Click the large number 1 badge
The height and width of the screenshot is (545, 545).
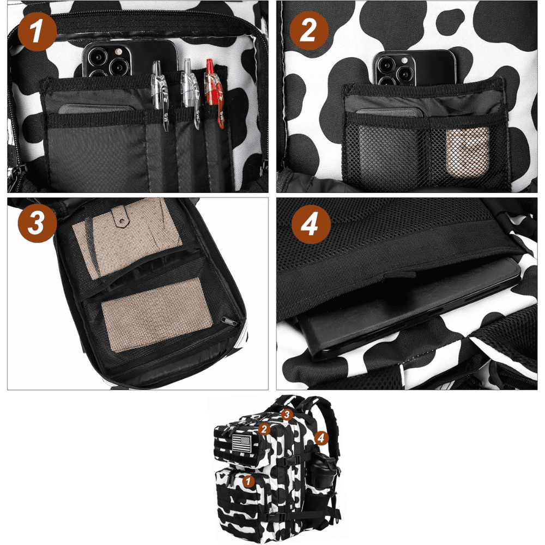(x=38, y=32)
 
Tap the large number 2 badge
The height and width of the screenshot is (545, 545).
(x=308, y=31)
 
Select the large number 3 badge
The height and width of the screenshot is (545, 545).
(x=37, y=223)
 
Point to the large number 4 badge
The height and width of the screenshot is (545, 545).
(x=311, y=225)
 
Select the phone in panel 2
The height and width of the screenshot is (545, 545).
(x=414, y=68)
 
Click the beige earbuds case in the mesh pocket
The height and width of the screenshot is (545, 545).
(x=468, y=152)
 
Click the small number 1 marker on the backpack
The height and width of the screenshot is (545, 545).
(x=248, y=481)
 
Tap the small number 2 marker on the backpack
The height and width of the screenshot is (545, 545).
(x=264, y=429)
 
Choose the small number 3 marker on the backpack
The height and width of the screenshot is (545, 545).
(x=287, y=414)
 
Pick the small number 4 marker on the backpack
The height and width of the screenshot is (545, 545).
(x=321, y=438)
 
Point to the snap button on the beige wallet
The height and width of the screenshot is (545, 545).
(x=122, y=220)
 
